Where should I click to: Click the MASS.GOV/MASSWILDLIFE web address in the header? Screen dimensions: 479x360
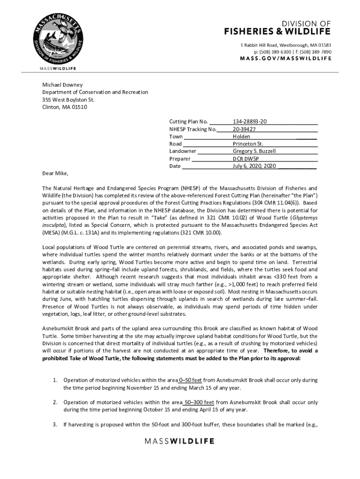tap(286, 58)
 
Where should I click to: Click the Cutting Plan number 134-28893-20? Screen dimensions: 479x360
tap(250, 121)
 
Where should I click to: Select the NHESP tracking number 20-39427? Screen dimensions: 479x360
tap(244, 129)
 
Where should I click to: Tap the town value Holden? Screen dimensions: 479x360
tap(241, 136)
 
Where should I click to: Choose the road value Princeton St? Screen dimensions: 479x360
tap(248, 144)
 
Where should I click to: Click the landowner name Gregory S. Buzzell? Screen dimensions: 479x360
tap(254, 151)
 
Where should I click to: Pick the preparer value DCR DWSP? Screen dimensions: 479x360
tap(246, 159)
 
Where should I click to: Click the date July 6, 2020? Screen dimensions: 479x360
tap(247, 166)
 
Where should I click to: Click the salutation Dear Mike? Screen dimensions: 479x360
tap(55, 174)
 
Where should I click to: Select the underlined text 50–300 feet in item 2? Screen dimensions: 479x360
tap(199, 402)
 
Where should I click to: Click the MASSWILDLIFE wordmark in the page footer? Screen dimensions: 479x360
tap(180, 441)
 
